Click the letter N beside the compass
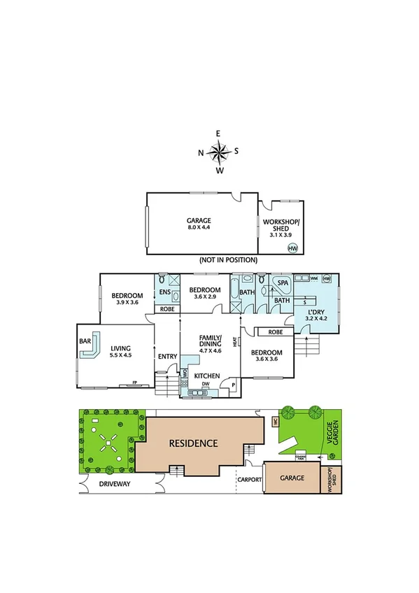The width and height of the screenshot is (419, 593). tap(201, 152)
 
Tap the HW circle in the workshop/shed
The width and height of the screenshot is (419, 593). tap(292, 248)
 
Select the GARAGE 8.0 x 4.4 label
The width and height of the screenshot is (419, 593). tap(199, 224)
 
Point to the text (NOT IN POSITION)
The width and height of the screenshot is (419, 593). tap(228, 260)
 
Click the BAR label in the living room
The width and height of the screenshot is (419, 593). tap(86, 342)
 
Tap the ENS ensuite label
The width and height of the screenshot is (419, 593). tap(166, 292)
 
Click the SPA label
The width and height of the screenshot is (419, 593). tap(283, 283)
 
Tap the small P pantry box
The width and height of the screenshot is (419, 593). tap(232, 385)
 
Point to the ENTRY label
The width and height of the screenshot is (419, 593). tap(168, 357)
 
